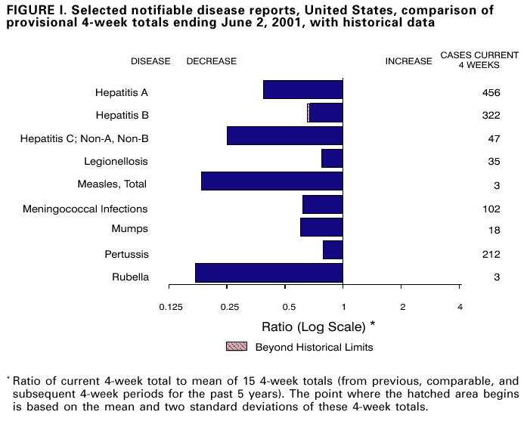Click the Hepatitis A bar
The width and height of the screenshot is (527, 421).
[303, 89]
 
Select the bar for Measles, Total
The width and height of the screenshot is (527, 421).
[272, 181]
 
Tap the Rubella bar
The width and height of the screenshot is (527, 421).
[269, 273]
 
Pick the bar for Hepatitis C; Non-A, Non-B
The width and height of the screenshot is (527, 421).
[285, 135]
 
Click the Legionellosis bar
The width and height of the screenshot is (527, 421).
[332, 158]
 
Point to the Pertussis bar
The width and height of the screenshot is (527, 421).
[333, 250]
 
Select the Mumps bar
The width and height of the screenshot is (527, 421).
[321, 227]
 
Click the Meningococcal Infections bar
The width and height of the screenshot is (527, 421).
[323, 204]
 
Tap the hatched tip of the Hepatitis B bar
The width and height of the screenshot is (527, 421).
[308, 113]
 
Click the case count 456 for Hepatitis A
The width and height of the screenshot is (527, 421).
[491, 93]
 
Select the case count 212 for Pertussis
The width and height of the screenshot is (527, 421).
[491, 254]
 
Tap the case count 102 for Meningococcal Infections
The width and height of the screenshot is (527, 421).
[491, 209]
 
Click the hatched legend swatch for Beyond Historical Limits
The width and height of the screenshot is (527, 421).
[236, 347]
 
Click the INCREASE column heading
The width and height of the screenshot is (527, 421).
[408, 61]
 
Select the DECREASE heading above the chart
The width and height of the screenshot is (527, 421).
[211, 61]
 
